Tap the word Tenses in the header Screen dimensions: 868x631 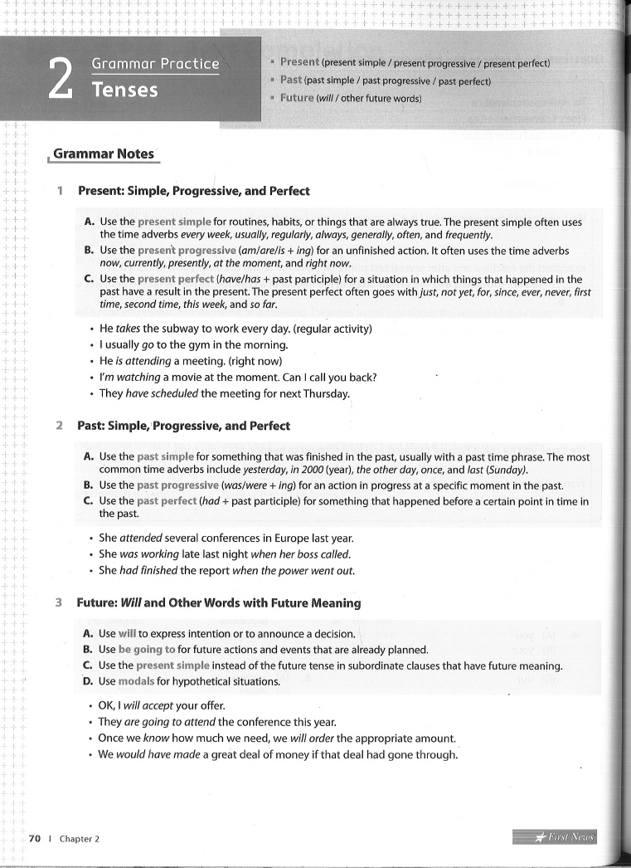coord(124,90)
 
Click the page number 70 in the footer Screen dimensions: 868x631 coord(35,839)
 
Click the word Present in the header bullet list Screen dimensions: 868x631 coord(299,62)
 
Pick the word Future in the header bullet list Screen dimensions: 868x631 coord(297,98)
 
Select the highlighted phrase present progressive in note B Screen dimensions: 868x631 coord(186,250)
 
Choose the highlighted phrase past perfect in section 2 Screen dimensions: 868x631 coord(167,501)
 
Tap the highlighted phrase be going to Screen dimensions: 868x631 coord(147,650)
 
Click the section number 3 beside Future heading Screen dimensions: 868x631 coord(59,602)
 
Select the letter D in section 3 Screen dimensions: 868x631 coord(88,681)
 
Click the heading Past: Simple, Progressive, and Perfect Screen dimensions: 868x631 coord(183,426)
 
